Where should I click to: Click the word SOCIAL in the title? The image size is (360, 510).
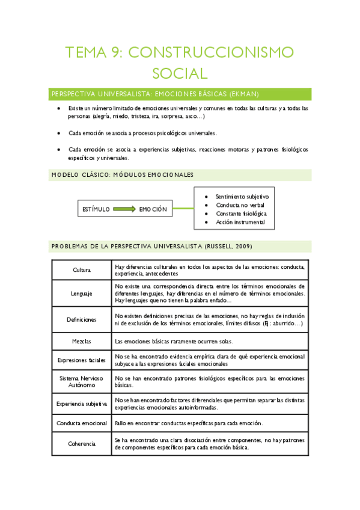[x=180, y=73]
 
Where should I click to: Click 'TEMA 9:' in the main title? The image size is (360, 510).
[x=93, y=53]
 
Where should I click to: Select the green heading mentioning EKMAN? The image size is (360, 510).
[x=155, y=94]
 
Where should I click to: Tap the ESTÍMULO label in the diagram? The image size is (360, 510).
[x=96, y=209]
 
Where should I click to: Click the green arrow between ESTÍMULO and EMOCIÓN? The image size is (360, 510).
[x=124, y=209]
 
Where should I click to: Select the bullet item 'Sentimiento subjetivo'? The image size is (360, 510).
[x=242, y=197]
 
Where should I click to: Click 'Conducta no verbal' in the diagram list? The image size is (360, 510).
[x=240, y=205]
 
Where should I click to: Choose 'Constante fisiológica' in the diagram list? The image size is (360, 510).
[x=241, y=214]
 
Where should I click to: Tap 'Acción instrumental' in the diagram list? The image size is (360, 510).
[x=240, y=222]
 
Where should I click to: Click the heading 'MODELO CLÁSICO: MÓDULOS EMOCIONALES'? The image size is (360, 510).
[x=123, y=175]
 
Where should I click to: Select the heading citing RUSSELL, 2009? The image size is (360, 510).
[x=151, y=247]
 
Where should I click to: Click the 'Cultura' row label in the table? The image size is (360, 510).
[x=81, y=270]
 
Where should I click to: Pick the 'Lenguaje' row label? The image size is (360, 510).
[x=81, y=293]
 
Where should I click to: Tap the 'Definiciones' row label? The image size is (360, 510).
[x=81, y=320]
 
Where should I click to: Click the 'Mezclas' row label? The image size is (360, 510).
[x=81, y=341]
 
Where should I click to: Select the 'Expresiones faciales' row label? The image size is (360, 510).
[x=81, y=360]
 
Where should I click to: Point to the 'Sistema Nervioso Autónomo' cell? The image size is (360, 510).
[x=81, y=381]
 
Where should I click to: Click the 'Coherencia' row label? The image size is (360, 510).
[x=81, y=443]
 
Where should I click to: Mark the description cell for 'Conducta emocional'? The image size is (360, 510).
[x=209, y=423]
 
